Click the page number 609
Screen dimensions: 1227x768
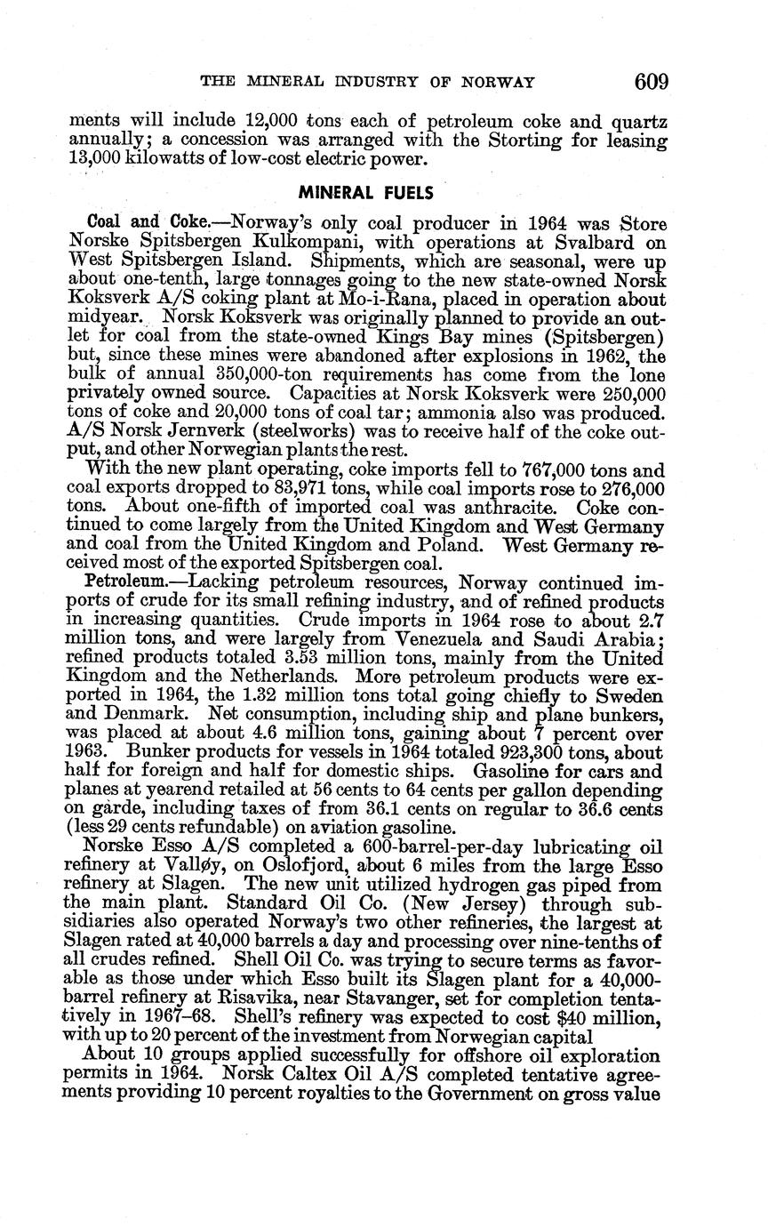[x=652, y=82]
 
